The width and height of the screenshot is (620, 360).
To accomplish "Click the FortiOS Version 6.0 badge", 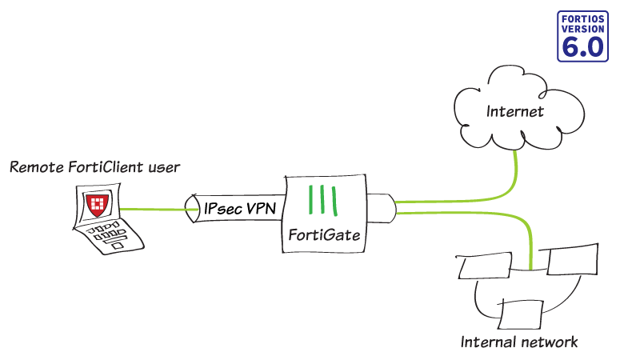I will [582, 36].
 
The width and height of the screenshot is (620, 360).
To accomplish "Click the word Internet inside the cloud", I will [514, 111].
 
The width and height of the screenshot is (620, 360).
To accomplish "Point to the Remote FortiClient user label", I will [94, 167].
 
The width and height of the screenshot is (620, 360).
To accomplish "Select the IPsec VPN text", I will [240, 208].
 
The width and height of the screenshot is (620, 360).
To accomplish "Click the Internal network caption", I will [518, 342].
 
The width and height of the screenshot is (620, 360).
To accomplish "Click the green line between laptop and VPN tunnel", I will [156, 210].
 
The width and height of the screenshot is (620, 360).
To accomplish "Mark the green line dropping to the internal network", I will [530, 240].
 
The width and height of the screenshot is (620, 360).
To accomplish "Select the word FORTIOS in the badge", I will [582, 17].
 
